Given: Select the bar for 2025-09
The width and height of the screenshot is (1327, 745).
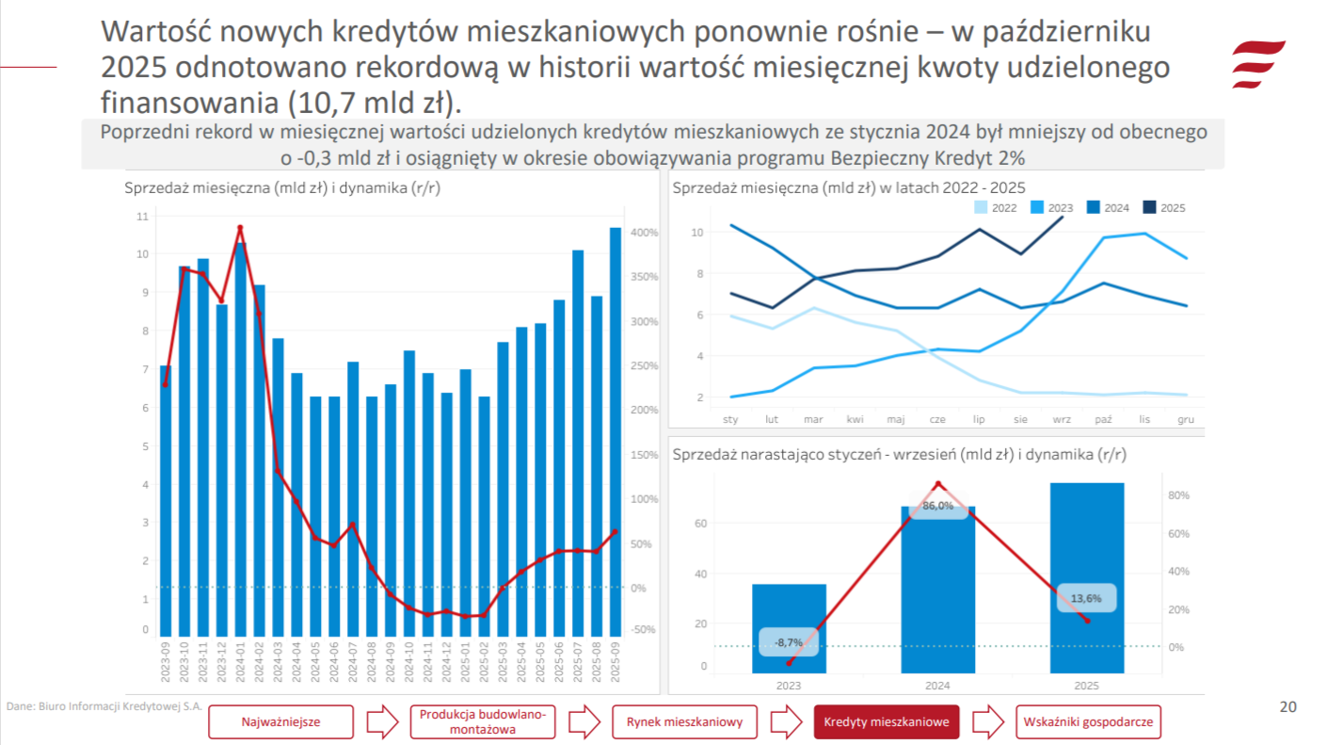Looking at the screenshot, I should (615, 432).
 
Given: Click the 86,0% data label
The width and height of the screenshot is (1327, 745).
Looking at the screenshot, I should (937, 506).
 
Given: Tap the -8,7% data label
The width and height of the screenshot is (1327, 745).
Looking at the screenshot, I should (789, 642).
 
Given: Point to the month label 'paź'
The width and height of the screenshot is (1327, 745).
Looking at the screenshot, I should (1104, 419).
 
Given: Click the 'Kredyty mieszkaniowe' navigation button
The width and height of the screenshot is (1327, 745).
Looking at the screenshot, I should (886, 722).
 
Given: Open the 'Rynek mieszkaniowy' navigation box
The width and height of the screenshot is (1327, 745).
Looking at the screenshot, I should (684, 722).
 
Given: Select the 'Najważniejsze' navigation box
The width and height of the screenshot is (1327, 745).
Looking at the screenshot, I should (280, 722).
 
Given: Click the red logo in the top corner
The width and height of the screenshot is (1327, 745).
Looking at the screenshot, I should (1257, 63).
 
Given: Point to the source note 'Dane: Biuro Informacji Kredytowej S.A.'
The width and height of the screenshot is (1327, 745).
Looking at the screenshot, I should (104, 705).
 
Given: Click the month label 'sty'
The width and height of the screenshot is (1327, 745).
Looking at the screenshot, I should (730, 419).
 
